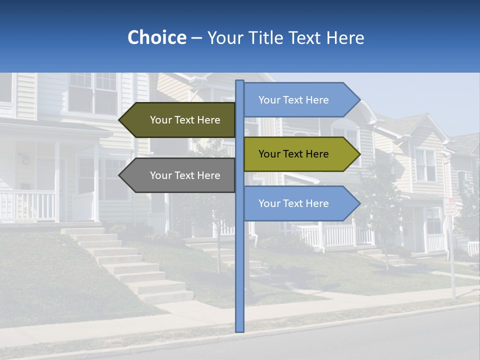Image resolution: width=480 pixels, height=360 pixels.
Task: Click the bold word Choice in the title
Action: (156, 37)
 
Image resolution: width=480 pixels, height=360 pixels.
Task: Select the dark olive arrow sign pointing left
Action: (180, 120)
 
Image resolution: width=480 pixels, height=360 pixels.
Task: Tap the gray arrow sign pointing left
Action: (180, 175)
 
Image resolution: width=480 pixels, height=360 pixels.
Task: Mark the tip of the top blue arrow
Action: (359, 100)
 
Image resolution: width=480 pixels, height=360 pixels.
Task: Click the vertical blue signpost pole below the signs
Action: (239, 280)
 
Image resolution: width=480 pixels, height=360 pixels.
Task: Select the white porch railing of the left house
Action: (27, 205)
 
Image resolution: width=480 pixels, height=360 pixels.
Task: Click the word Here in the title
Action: (345, 38)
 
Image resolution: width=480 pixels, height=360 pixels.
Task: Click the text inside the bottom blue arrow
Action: (293, 203)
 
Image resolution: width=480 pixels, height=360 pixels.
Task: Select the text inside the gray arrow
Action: (185, 175)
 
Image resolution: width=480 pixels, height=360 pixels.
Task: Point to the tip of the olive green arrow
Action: (359, 154)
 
